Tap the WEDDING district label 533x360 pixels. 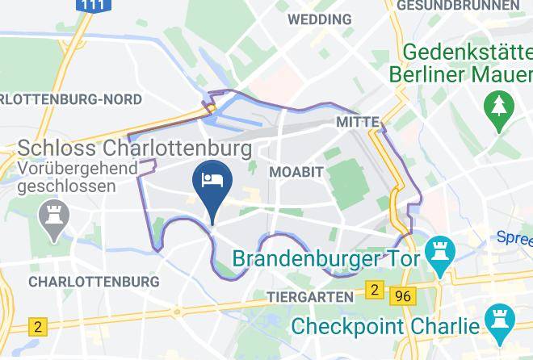(319, 19)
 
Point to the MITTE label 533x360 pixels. (357, 121)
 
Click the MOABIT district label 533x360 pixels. (296, 173)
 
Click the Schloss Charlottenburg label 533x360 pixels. (133, 149)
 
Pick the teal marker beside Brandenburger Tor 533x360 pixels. (440, 249)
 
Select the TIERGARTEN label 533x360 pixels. (310, 297)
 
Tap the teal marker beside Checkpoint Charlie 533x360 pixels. (497, 319)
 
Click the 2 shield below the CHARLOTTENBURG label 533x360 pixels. (37, 326)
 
